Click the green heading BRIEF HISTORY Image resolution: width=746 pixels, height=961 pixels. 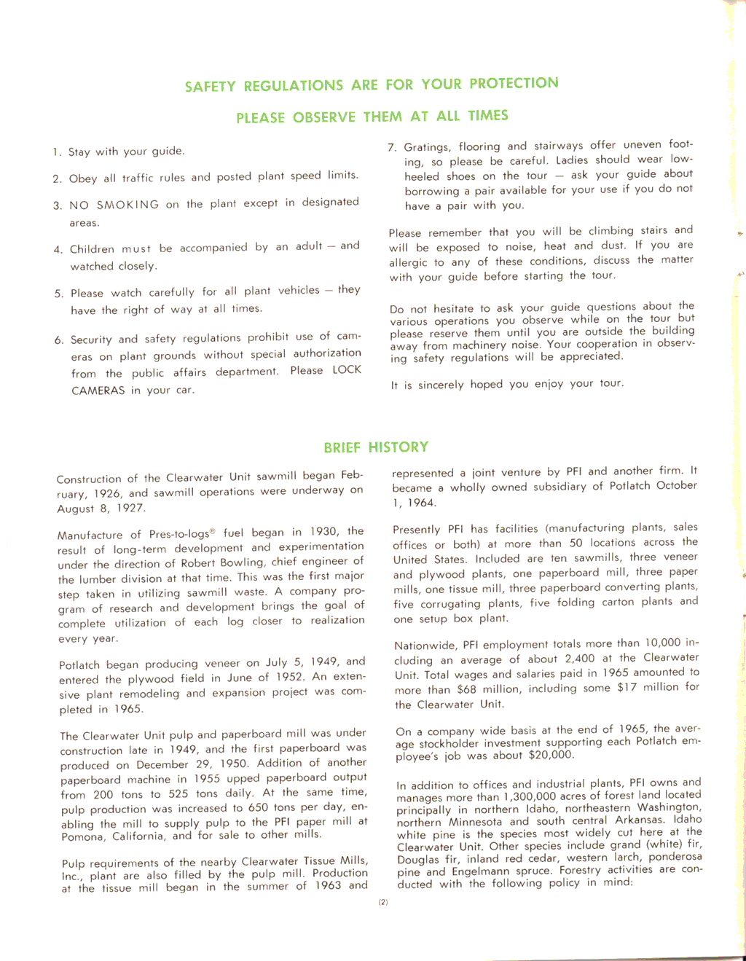tap(376, 447)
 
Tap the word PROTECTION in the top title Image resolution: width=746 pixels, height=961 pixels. tap(514, 83)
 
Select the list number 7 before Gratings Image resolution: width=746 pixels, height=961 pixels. tap(392, 148)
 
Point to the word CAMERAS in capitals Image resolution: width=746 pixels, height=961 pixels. tap(98, 391)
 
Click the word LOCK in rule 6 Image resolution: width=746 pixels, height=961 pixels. tap(347, 369)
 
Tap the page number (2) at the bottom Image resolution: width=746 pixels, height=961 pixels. tap(383, 902)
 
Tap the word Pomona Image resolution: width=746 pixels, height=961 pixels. tap(82, 837)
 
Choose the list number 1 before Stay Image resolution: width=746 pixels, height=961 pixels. tap(56, 152)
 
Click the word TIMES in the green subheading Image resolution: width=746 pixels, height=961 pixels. tap(487, 115)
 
